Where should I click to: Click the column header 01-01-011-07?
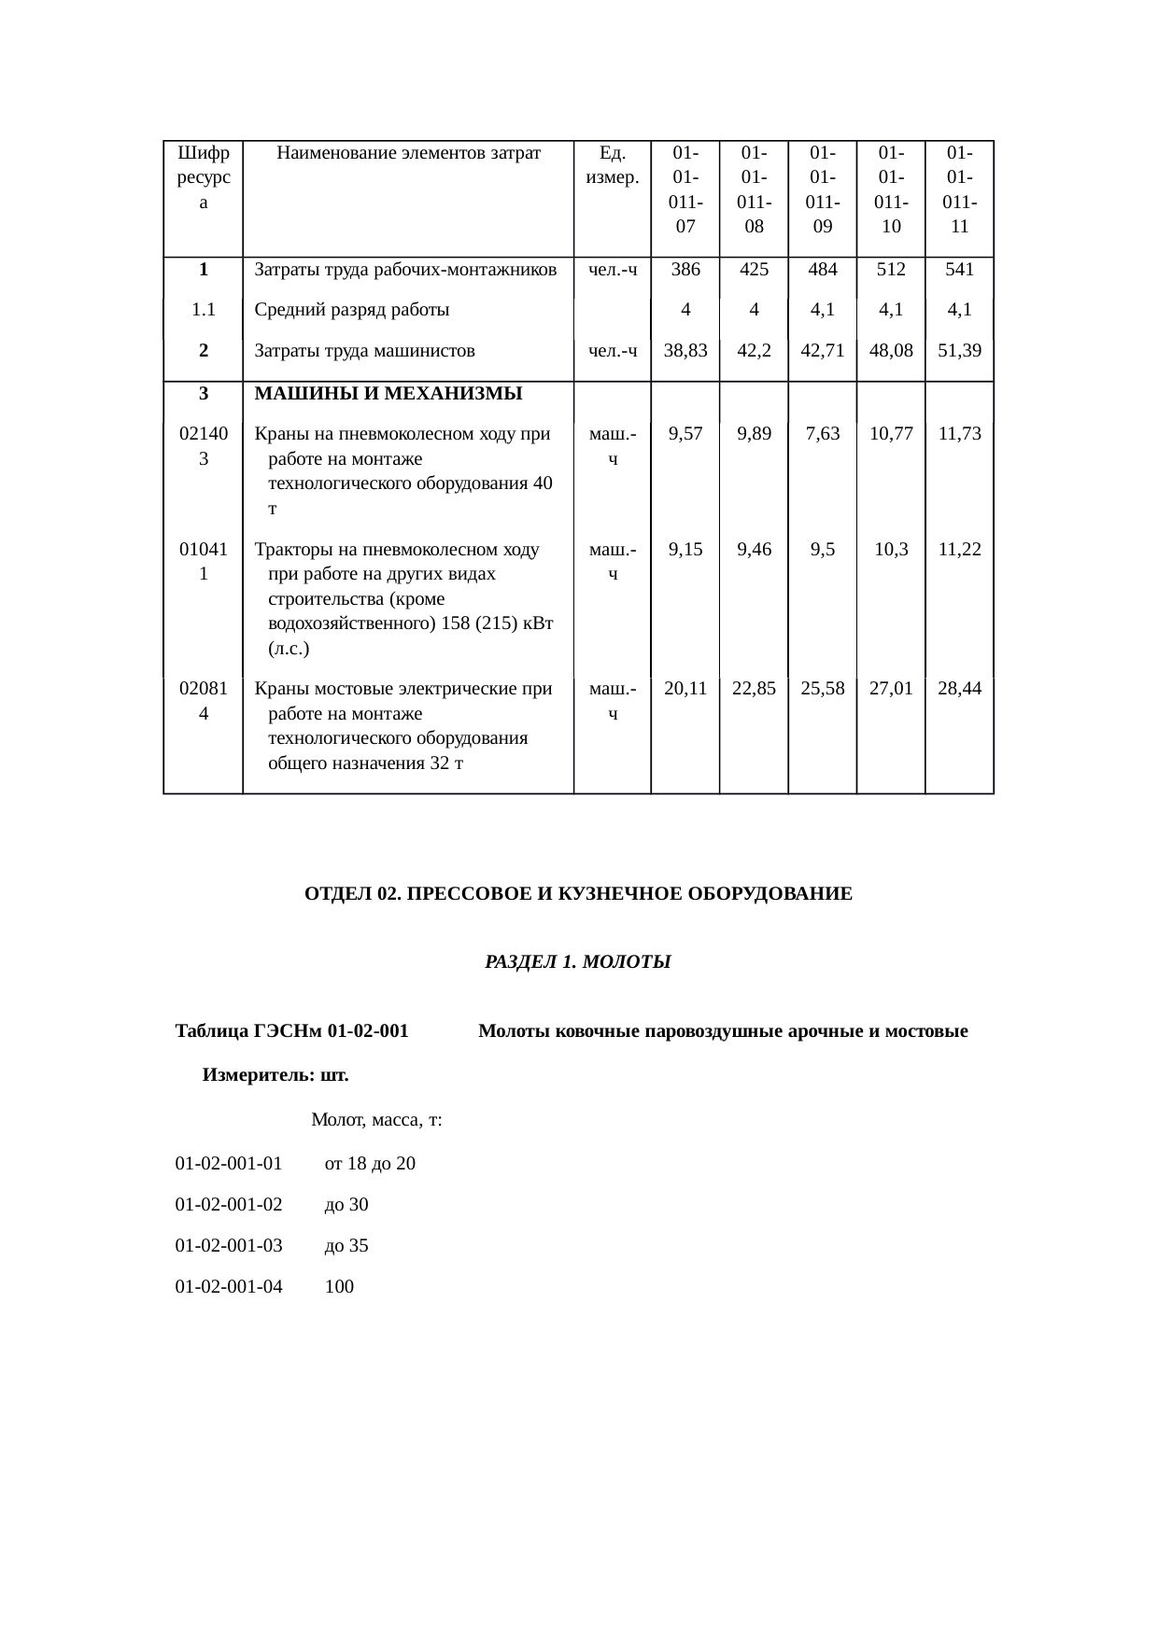(685, 189)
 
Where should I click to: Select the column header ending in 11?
(959, 189)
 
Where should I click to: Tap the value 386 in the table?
(685, 270)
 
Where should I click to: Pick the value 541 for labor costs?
(959, 270)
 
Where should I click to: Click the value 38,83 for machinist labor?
(685, 351)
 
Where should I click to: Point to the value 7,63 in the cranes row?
(822, 433)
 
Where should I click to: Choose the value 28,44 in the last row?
(959, 689)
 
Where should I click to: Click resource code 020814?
(203, 701)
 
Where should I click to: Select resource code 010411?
(203, 561)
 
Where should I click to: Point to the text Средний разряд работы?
(351, 310)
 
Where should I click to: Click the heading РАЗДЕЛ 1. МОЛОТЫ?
(578, 961)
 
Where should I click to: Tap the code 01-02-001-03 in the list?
(229, 1245)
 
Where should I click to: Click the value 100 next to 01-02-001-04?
(339, 1286)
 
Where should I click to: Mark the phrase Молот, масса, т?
(376, 1120)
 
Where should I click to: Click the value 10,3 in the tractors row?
(891, 549)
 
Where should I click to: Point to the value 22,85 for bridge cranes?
(754, 689)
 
